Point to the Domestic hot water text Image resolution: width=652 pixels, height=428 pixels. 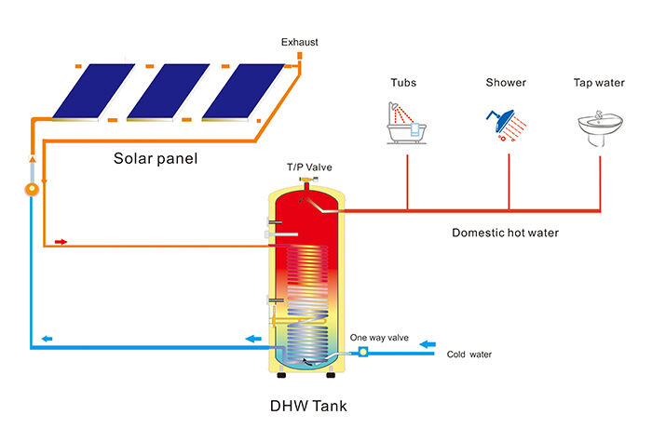pyautogui.click(x=506, y=233)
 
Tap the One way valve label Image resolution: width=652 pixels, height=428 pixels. pyautogui.click(x=379, y=337)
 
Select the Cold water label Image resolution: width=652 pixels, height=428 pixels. pyautogui.click(x=469, y=354)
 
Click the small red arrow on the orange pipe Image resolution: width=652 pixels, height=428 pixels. pyautogui.click(x=62, y=242)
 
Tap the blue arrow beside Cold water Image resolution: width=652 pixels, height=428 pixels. pyautogui.click(x=428, y=344)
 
